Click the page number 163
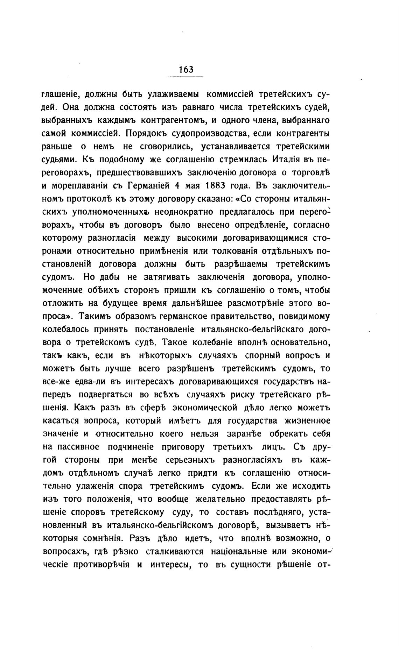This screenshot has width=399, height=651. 185,70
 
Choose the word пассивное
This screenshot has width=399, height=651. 79,447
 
